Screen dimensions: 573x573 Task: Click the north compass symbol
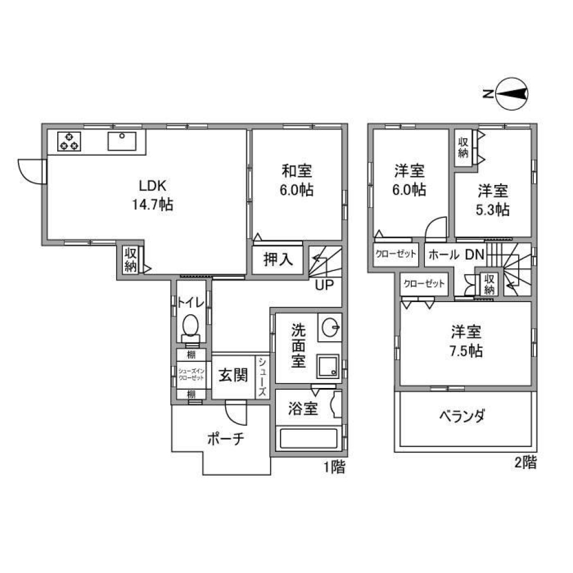click(x=512, y=94)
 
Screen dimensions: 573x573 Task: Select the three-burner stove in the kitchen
click(x=68, y=141)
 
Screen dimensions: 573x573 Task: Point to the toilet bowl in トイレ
click(x=191, y=326)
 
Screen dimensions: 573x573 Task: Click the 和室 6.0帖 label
click(x=297, y=181)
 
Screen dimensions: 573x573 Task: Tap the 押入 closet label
click(x=278, y=260)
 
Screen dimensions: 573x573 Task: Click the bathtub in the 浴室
click(x=308, y=439)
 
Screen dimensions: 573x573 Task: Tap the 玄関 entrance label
click(x=233, y=376)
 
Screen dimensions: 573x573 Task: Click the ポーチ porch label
click(x=226, y=439)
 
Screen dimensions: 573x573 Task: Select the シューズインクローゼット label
click(x=192, y=375)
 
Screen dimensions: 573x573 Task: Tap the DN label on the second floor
click(x=475, y=254)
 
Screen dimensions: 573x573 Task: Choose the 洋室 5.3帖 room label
click(x=492, y=201)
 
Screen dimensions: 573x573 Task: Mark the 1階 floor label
click(x=334, y=467)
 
